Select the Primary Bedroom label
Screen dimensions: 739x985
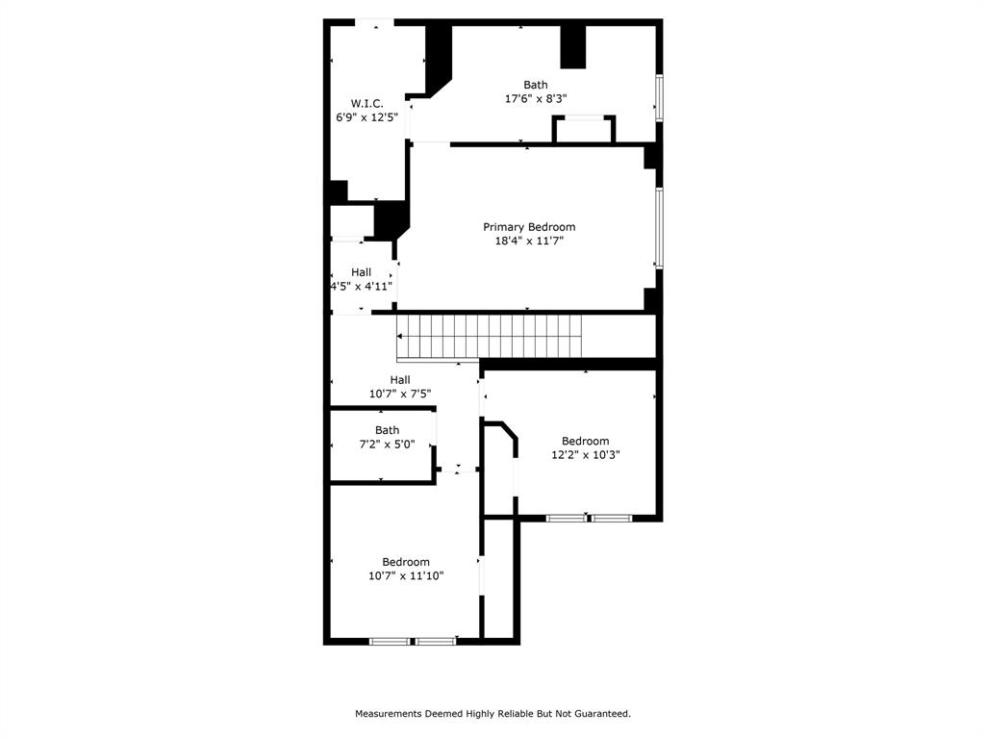pyautogui.click(x=529, y=227)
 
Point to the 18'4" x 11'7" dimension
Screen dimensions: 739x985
pyautogui.click(x=529, y=241)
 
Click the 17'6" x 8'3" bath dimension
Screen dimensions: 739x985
pyautogui.click(x=536, y=98)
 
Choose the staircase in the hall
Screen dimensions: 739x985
pyautogui.click(x=491, y=337)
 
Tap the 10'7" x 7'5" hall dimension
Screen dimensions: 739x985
pyautogui.click(x=400, y=394)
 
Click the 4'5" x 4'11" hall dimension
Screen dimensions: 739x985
pyautogui.click(x=361, y=286)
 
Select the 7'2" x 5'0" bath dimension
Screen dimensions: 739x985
pyautogui.click(x=387, y=444)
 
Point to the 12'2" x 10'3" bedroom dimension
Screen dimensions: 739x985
pyautogui.click(x=585, y=455)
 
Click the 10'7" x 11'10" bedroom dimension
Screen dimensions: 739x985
pyautogui.click(x=406, y=575)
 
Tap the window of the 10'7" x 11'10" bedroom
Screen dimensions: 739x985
pyautogui.click(x=413, y=641)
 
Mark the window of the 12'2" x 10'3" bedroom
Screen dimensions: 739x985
pyautogui.click(x=589, y=519)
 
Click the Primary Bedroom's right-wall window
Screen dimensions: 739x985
pyautogui.click(x=659, y=227)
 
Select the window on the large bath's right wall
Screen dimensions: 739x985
pyautogui.click(x=659, y=98)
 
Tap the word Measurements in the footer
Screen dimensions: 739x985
pyautogui.click(x=389, y=714)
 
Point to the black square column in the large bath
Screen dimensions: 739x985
pyautogui.click(x=573, y=46)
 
